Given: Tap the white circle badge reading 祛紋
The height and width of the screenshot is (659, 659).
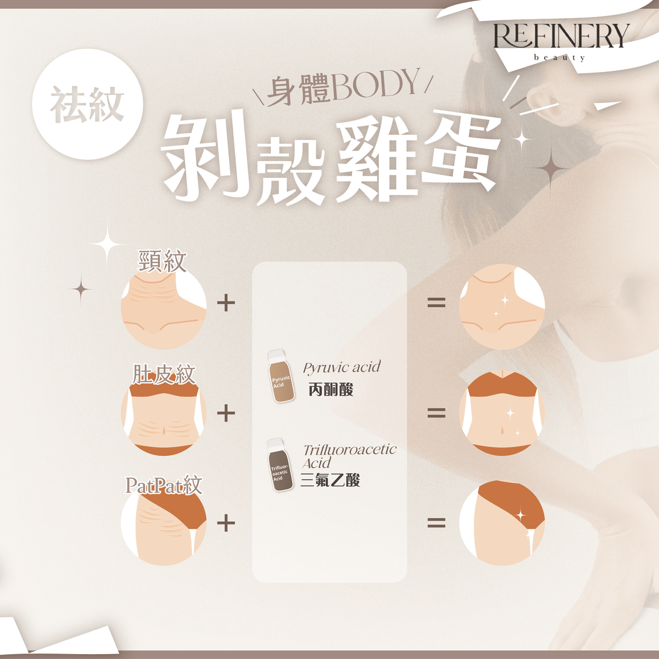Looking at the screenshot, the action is (x=87, y=104).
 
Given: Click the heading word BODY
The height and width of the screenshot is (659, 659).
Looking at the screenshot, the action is (x=374, y=86).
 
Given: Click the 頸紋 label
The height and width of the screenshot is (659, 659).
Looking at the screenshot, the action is (x=162, y=261).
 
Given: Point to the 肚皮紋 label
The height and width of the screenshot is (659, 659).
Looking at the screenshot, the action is (x=164, y=374).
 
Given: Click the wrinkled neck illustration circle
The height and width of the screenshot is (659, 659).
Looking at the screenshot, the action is (x=164, y=306).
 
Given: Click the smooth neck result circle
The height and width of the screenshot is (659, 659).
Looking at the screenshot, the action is (x=502, y=306).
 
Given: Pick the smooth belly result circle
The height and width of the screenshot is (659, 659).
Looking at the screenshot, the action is (x=502, y=413).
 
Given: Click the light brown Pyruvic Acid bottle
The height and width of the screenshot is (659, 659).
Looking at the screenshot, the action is (x=281, y=376).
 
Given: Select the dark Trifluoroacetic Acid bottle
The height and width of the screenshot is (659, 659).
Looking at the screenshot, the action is (x=280, y=465).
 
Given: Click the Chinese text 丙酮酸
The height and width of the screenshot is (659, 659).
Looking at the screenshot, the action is (x=331, y=389).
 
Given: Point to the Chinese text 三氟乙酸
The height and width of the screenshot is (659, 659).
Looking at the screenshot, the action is (x=330, y=480).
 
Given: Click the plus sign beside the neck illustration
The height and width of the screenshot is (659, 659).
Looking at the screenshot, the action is (x=226, y=303).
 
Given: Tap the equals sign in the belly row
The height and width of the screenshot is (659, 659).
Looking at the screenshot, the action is (x=437, y=413).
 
